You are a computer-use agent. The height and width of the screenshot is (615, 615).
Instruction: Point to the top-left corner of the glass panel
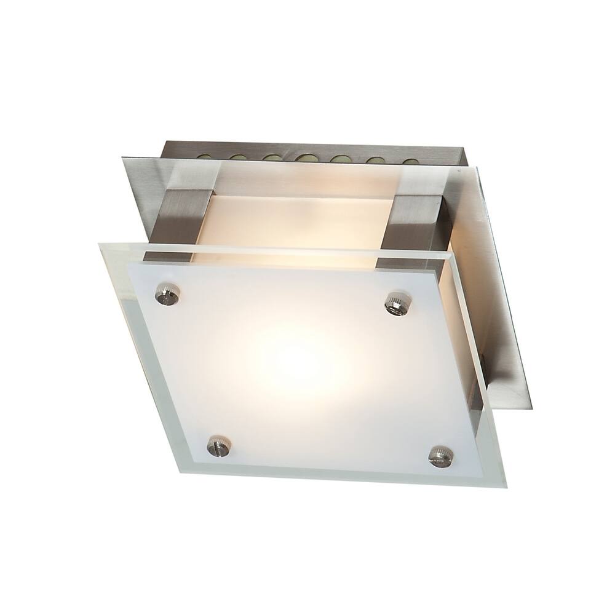tap(100, 244)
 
